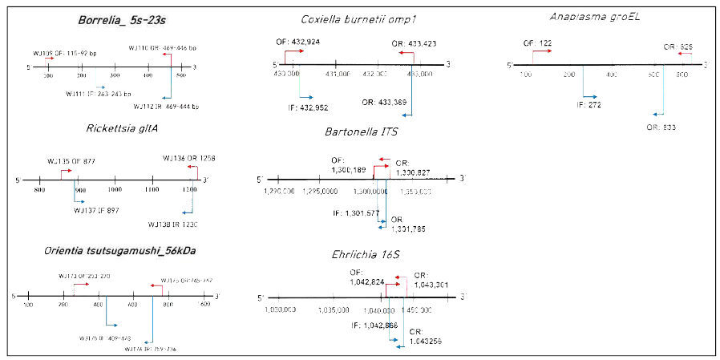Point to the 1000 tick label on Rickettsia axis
(115, 189)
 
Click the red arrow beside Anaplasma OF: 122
(541, 51)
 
